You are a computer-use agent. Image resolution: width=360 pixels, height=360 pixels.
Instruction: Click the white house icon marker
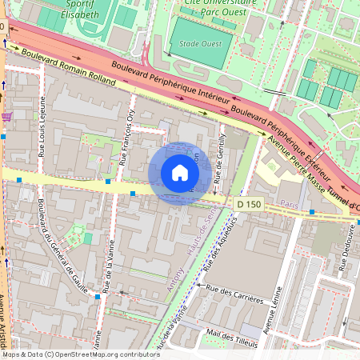click(180, 174)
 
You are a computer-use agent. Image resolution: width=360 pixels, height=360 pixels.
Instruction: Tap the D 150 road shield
click(250, 205)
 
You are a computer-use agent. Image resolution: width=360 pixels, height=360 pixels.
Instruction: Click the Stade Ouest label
click(201, 44)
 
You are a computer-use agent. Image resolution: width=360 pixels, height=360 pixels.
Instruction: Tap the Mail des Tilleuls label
click(234, 333)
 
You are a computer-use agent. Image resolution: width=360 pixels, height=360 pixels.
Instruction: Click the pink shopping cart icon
click(7, 117)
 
